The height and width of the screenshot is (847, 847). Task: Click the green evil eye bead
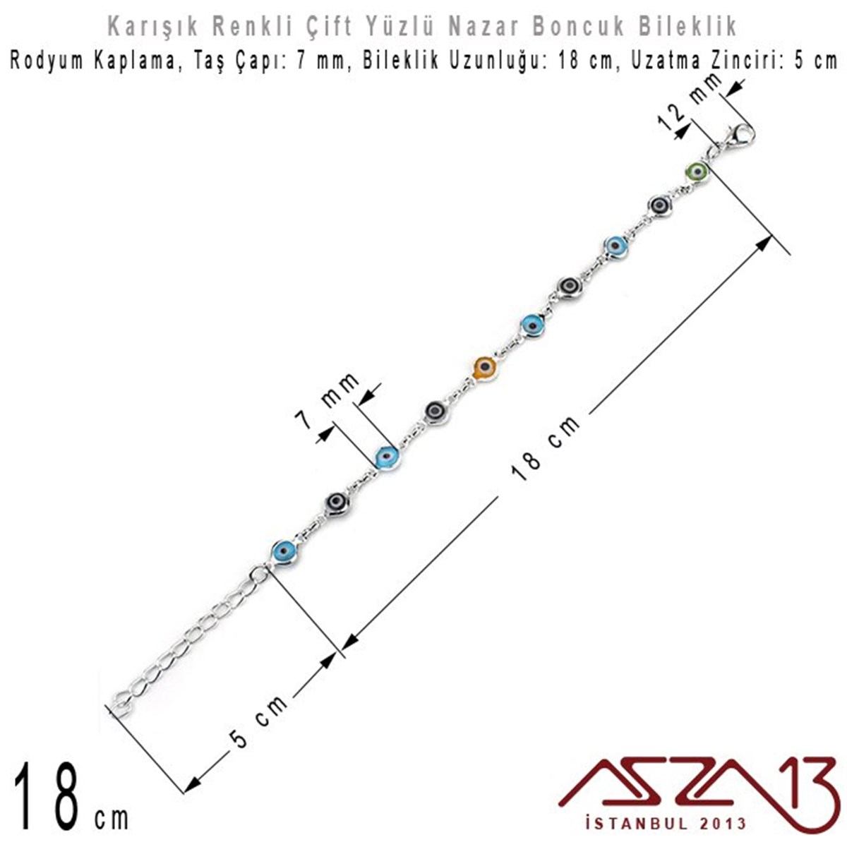[697, 172]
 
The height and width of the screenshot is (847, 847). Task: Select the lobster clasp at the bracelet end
[739, 136]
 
